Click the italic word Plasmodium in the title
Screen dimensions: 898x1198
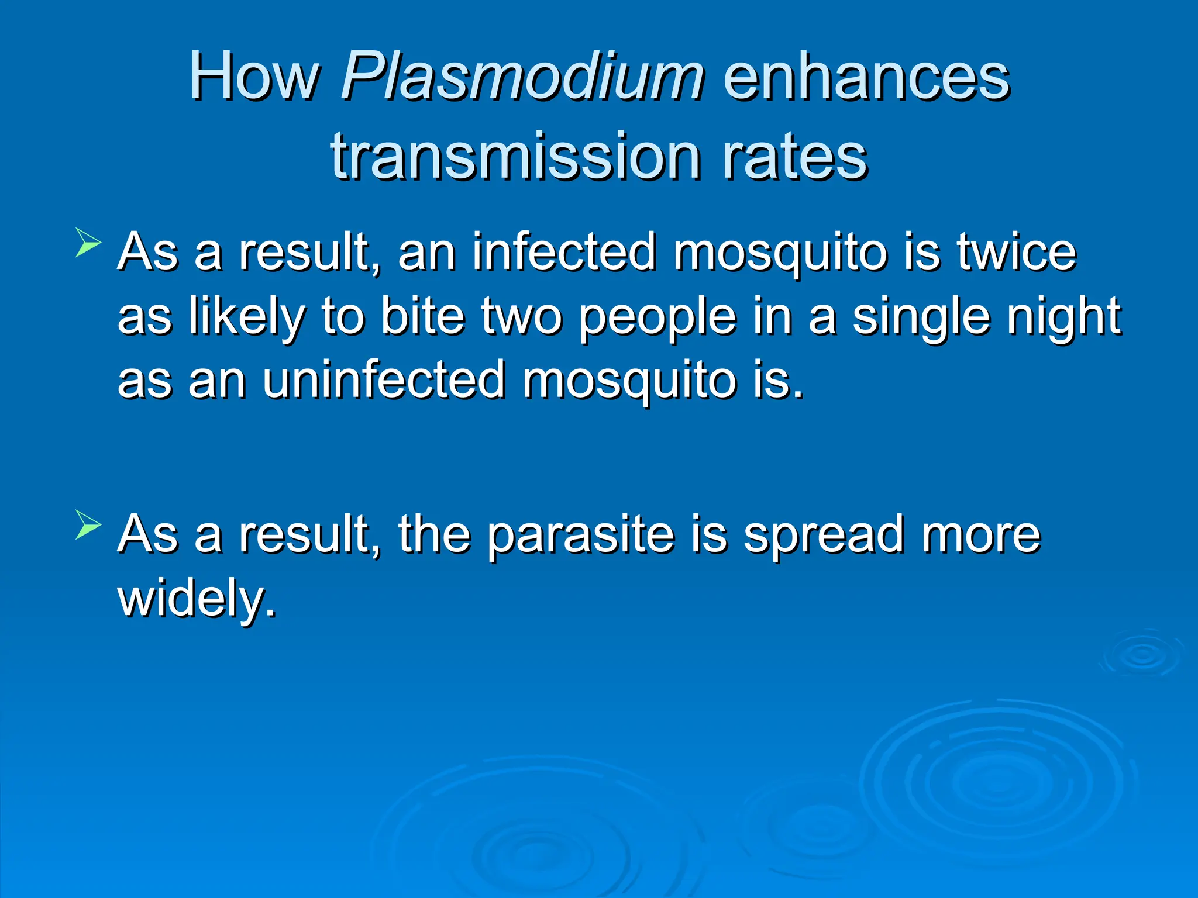522,77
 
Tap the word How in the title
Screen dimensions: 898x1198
254,77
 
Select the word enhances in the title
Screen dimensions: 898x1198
866,77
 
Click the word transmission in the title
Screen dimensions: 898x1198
515,157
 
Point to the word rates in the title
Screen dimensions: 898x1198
794,157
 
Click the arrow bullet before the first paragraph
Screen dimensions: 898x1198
88,243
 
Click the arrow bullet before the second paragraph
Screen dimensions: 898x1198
88,524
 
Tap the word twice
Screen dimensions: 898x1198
1017,253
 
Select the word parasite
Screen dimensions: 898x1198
580,536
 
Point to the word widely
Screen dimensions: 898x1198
196,599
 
